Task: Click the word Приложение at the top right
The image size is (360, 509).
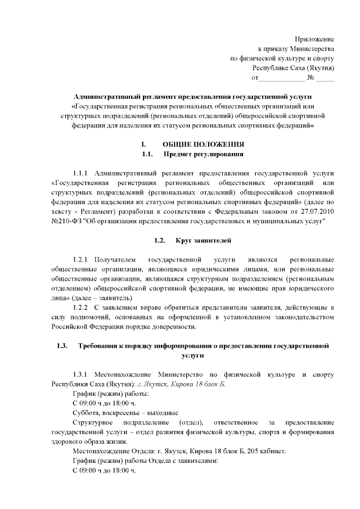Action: point(315,39)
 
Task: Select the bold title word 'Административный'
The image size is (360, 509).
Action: point(106,97)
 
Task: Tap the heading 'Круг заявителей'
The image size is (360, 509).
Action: point(204,240)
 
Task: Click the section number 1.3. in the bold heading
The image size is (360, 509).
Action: point(62,345)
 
